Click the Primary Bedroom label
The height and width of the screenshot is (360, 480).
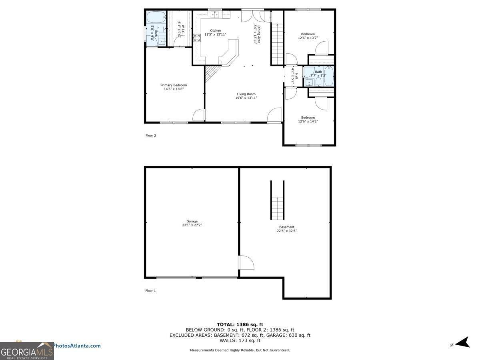[x=174, y=85]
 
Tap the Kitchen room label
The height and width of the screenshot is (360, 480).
[x=215, y=31]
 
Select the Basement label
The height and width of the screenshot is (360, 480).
[x=286, y=227]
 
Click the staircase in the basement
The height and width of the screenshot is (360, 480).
[x=277, y=208]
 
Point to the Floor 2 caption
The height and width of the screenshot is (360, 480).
[x=150, y=136]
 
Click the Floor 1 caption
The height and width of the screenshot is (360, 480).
[x=150, y=291]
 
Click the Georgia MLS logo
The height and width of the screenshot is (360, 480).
[x=27, y=352]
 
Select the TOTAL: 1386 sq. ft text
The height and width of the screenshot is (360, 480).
[x=240, y=324]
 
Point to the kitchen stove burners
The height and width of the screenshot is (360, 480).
[x=197, y=38]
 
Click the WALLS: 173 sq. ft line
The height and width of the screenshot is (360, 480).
[x=240, y=340]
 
